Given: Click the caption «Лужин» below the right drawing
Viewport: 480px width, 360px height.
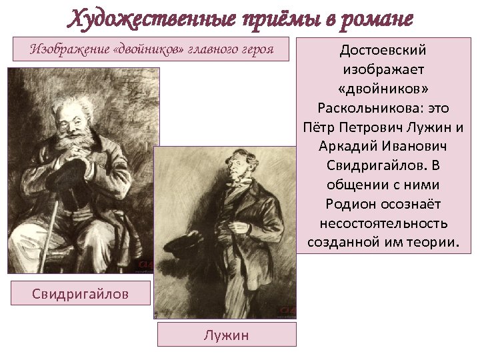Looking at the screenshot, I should coord(227,335).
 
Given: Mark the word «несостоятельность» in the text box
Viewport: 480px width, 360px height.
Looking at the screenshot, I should coord(383,223).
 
